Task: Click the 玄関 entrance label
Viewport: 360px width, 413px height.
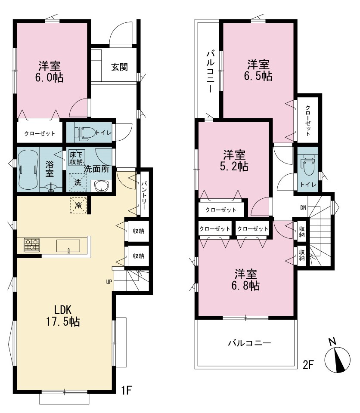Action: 119,67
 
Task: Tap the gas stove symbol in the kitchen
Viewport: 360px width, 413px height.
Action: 31,245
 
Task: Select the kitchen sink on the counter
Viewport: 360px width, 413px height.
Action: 68,246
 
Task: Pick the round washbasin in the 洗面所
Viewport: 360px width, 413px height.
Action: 102,186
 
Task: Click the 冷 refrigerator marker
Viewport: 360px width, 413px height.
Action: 78,205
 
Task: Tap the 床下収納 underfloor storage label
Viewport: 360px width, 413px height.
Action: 76,158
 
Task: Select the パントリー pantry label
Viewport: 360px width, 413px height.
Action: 144,195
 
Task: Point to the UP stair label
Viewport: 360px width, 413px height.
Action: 109,282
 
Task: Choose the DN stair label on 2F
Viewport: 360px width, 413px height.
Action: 303,207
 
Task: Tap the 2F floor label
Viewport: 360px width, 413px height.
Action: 308,365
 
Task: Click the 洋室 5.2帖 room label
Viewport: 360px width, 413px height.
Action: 234,160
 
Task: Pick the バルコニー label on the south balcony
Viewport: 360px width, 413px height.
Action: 249,343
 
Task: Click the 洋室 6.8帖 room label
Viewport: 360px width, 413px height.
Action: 245,280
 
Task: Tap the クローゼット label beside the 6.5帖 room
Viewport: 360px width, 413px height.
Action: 308,120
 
